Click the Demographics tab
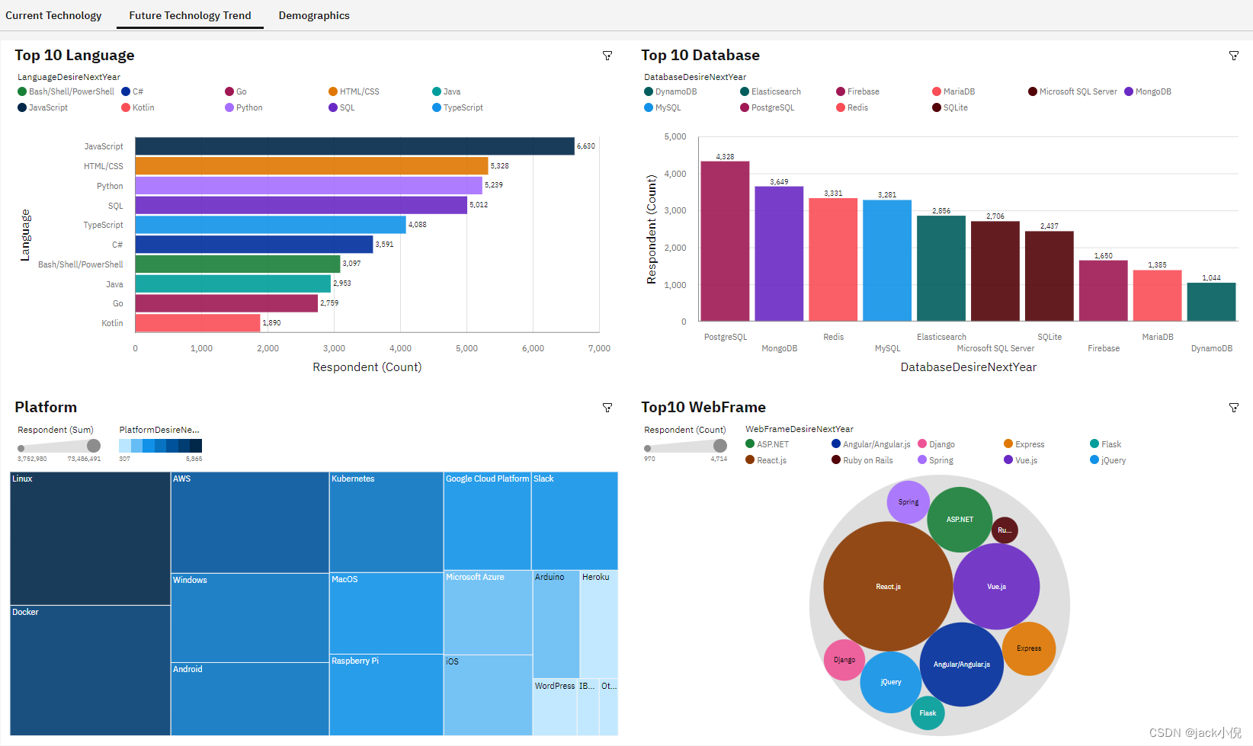(x=313, y=15)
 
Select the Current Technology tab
(x=53, y=15)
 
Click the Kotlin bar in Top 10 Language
(x=197, y=323)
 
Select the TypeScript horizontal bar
(x=270, y=225)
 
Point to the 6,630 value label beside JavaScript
(x=585, y=146)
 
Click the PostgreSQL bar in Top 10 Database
(x=725, y=241)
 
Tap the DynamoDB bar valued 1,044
(x=1211, y=302)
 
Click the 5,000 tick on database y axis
(x=675, y=137)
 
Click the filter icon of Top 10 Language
(x=607, y=56)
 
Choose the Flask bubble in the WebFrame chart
(x=928, y=713)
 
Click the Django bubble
(x=844, y=660)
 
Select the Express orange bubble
(x=1028, y=648)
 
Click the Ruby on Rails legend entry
(x=862, y=460)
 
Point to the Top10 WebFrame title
(x=703, y=407)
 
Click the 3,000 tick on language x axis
(x=334, y=348)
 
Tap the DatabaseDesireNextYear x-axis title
(x=968, y=367)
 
